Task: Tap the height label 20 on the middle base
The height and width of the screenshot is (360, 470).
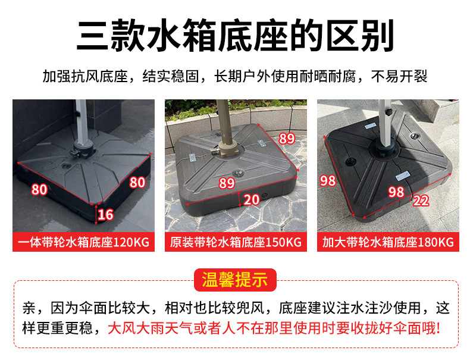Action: [x=252, y=199]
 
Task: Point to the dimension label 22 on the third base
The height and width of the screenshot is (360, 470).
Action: [x=421, y=201]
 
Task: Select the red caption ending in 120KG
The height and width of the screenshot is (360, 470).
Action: [x=83, y=242]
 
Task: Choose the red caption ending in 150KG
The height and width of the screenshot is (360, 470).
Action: [x=236, y=242]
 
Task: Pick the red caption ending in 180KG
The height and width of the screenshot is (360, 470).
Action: [x=388, y=242]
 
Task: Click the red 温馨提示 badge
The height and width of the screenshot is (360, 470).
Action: [x=234, y=280]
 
